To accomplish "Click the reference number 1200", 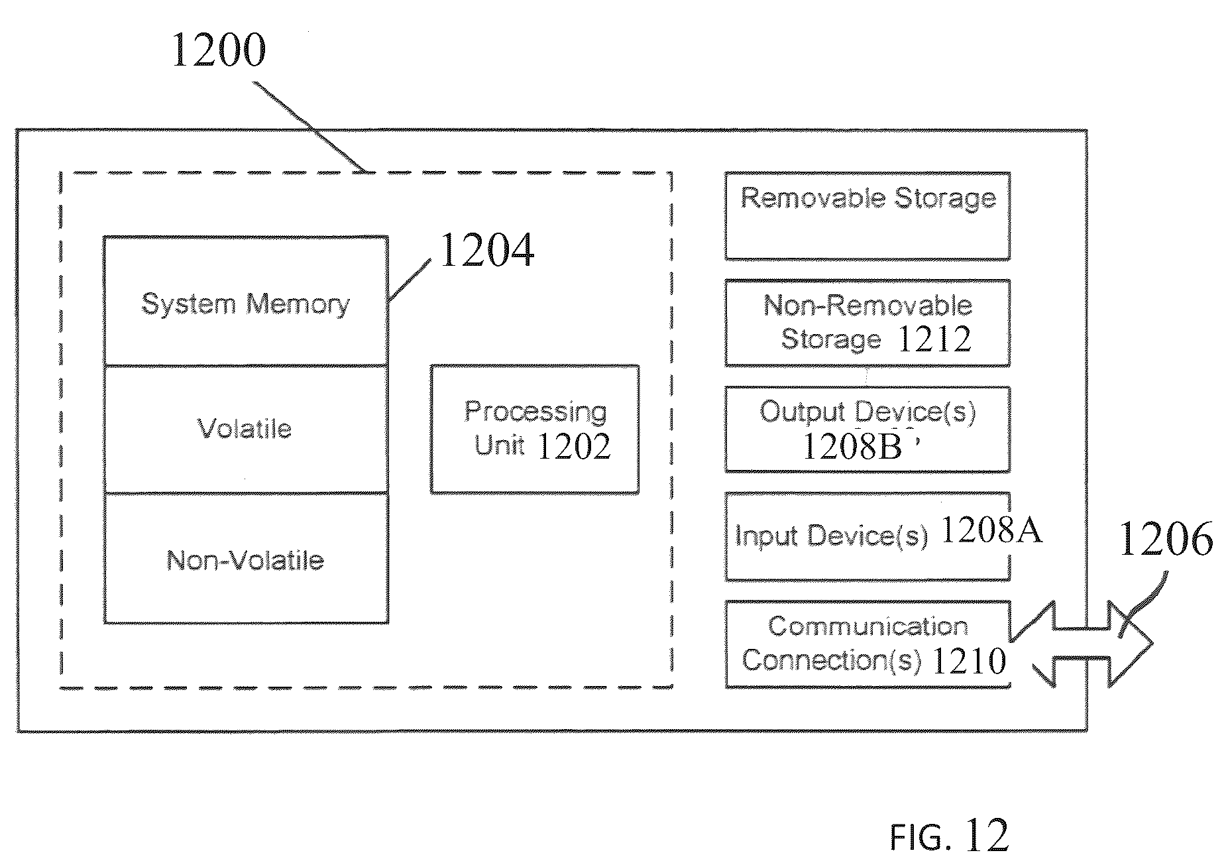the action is tap(219, 50).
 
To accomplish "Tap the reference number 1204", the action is tap(486, 251).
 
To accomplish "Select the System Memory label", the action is tap(246, 305).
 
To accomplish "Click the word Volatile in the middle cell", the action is tap(245, 429).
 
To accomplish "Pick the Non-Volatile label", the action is tap(245, 561).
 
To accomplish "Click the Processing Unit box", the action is tap(535, 429).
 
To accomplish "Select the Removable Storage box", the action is tap(867, 216).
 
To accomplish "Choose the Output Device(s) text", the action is tap(867, 412).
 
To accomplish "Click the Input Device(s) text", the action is tap(832, 536).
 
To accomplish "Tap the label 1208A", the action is tap(991, 530).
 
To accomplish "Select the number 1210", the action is tap(969, 660).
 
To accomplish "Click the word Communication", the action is tap(868, 626).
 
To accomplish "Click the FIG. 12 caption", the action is tap(949, 835).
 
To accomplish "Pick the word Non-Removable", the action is tap(867, 306).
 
